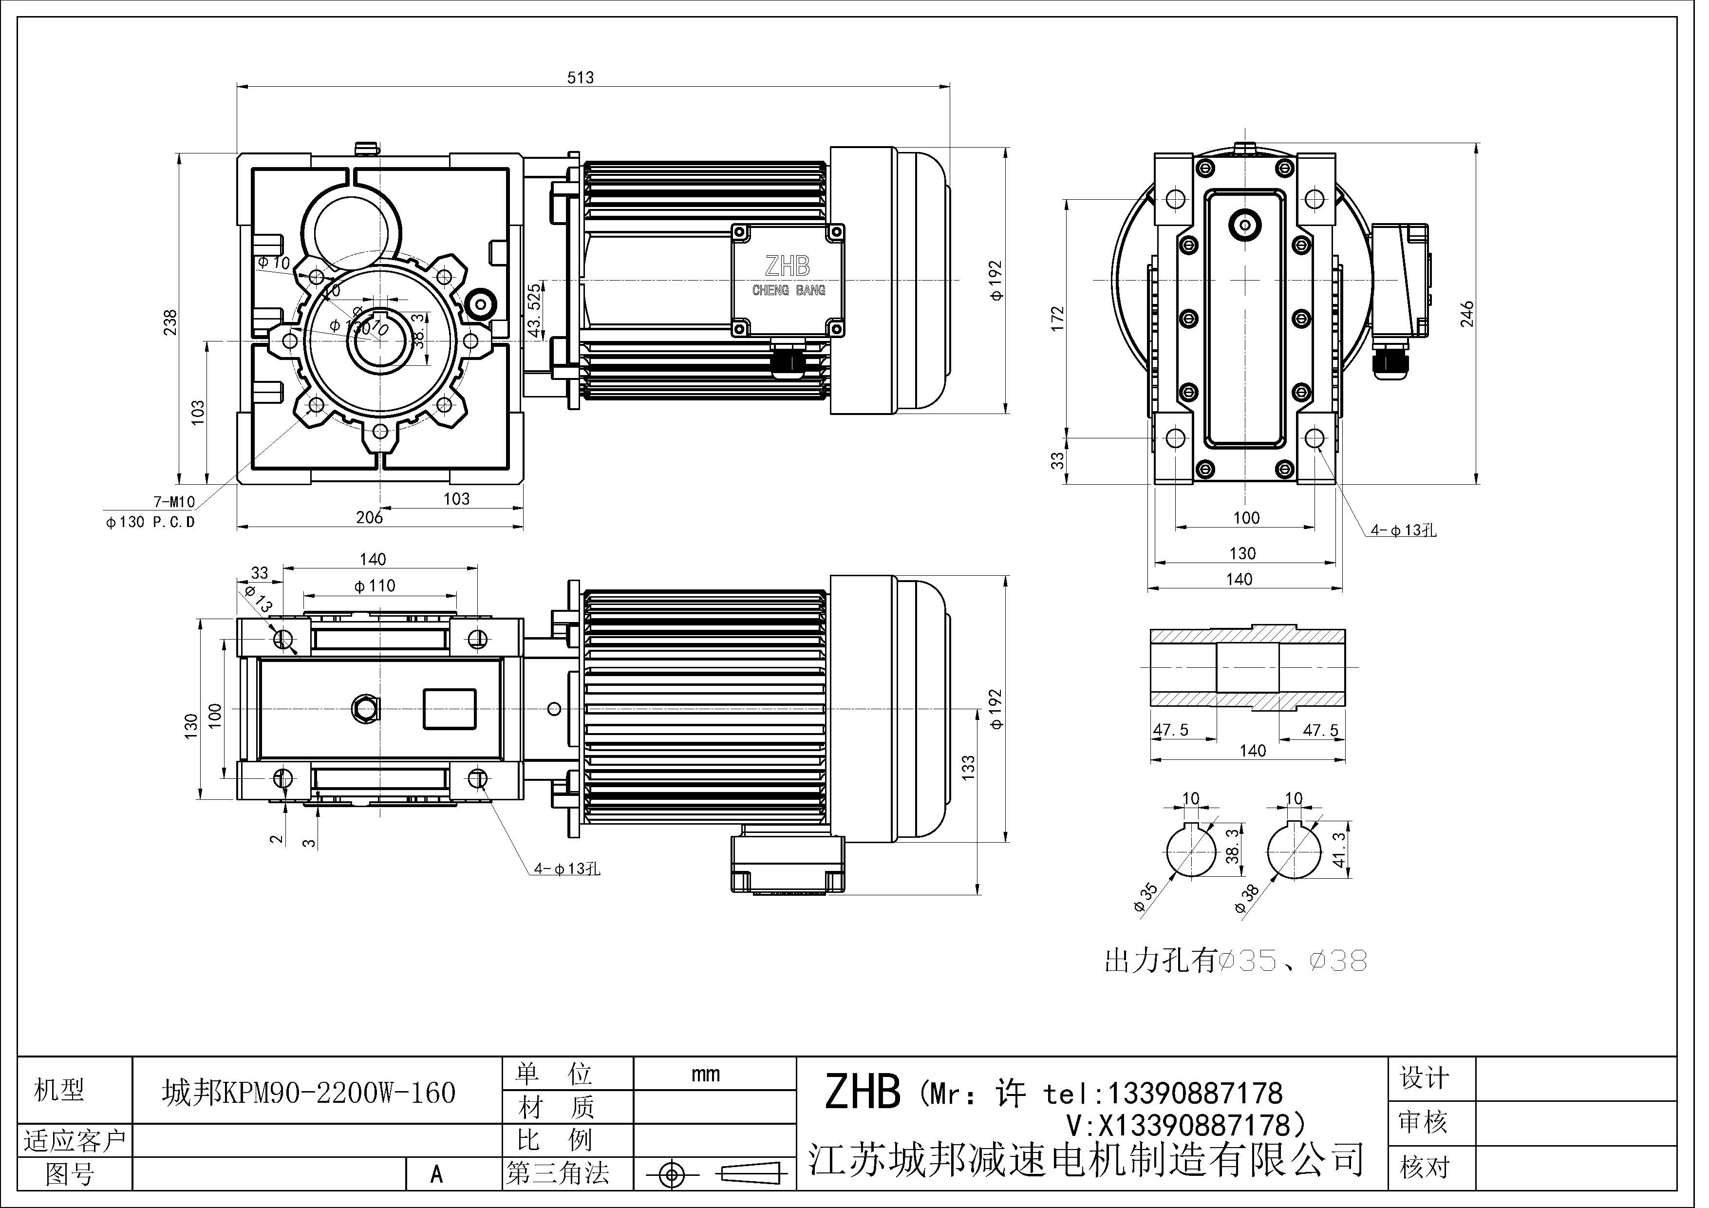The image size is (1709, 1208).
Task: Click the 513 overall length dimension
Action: point(580,77)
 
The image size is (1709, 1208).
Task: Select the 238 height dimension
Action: point(170,321)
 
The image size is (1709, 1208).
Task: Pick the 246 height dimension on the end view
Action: point(1467,315)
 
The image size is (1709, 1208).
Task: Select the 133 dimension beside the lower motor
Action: point(968,767)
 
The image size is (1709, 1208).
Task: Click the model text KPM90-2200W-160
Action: point(309,1093)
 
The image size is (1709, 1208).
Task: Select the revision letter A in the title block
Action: point(437,1174)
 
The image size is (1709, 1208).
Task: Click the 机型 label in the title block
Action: point(59,1091)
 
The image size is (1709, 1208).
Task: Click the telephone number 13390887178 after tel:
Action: point(1195,1094)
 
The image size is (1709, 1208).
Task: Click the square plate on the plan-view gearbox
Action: point(450,709)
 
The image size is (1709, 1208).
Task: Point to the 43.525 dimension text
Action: point(534,310)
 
